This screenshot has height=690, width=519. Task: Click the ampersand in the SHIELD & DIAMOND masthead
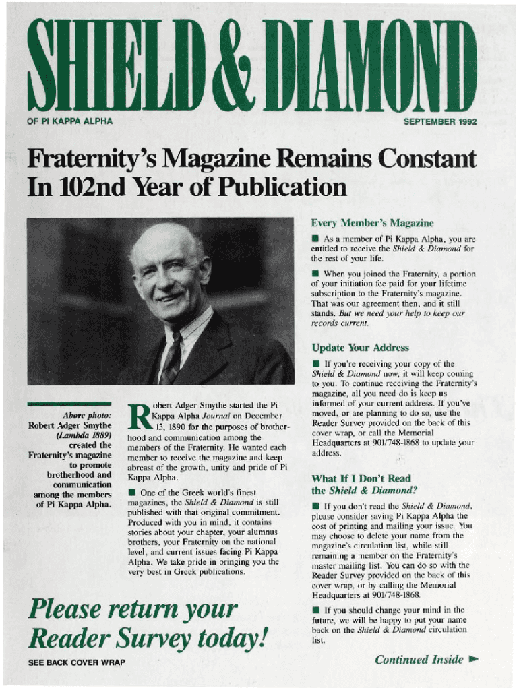click(236, 66)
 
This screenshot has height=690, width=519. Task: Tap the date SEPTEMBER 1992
click(439, 122)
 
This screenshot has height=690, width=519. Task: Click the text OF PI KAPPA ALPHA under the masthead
click(70, 122)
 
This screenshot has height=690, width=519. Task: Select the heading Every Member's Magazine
click(372, 223)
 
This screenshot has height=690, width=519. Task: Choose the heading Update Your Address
click(360, 348)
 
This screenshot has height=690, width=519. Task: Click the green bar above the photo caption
click(69, 404)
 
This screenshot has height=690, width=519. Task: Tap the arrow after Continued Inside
click(474, 660)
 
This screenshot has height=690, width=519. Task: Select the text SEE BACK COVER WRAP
click(76, 662)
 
